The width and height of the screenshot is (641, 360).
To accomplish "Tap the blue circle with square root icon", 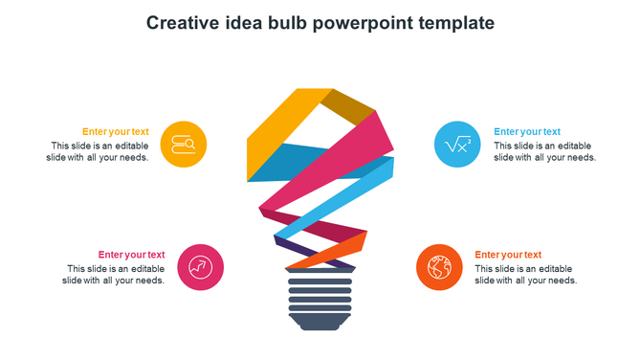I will click(456, 145).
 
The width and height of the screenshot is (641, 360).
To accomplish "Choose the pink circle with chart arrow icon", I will click(201, 267).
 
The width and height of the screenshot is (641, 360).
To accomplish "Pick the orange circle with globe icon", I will click(440, 267).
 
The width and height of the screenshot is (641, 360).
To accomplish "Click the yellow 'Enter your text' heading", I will click(115, 132).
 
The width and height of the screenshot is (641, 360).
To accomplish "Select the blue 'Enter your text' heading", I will click(527, 132).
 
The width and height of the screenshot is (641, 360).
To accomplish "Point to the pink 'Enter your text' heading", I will click(131, 255).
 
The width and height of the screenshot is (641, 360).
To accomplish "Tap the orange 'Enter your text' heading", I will click(508, 255).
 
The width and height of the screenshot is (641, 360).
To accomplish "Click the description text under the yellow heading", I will click(99, 151).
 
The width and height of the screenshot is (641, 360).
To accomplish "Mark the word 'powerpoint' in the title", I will click(373, 22).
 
